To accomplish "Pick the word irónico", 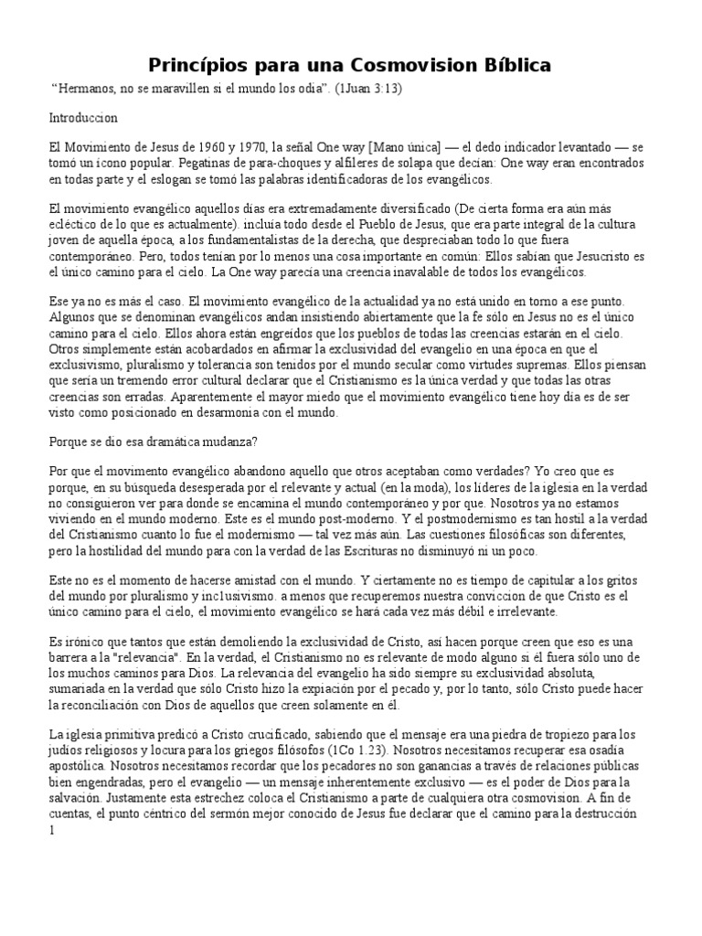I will point(77,643).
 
